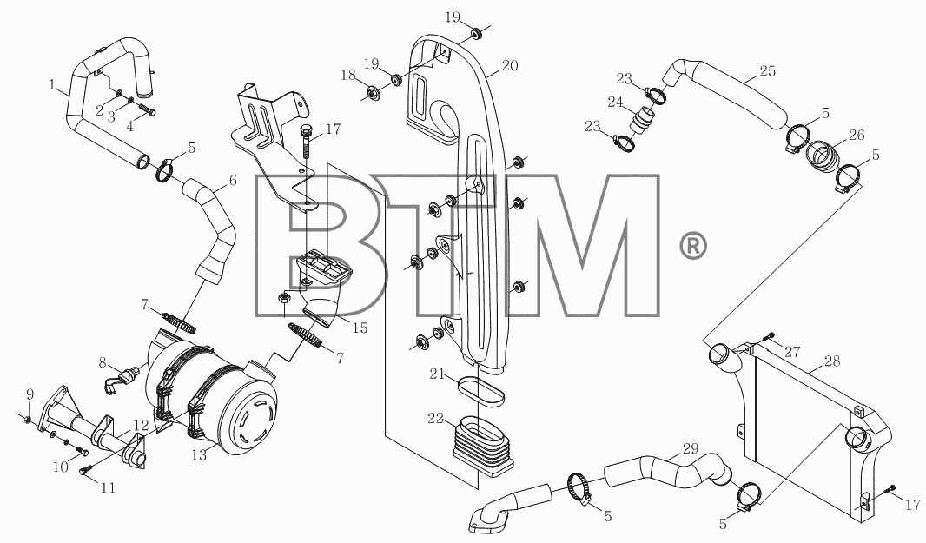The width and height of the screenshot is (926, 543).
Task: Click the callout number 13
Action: coord(200,454)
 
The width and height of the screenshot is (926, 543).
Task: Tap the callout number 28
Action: coord(832,361)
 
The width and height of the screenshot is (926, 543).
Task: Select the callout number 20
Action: coord(510,65)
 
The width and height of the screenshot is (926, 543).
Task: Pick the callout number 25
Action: coord(768,71)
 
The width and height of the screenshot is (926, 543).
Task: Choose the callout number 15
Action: coord(360,328)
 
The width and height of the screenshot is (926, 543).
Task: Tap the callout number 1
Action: coord(53,86)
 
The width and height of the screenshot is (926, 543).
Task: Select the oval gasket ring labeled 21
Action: coord(481,391)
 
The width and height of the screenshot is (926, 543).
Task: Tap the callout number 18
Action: coord(348,75)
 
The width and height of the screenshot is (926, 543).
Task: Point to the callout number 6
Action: coord(233,180)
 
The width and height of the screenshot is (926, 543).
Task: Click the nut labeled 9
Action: coord(28,420)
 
